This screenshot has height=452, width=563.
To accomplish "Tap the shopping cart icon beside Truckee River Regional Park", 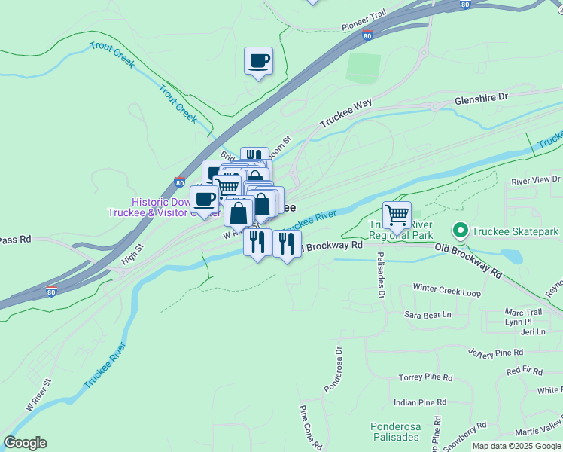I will click(397, 215).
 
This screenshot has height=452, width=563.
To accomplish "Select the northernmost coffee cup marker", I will click(258, 61).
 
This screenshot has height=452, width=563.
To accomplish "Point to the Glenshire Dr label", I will click(482, 98).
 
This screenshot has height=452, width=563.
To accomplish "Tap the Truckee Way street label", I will click(346, 113).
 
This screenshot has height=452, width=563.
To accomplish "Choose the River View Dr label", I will click(536, 181).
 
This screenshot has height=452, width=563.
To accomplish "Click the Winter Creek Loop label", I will click(446, 289).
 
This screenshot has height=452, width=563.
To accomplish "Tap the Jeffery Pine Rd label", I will click(495, 353).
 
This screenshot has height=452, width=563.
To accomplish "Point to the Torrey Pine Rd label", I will click(425, 377).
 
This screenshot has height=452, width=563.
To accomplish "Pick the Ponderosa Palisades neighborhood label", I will click(395, 432).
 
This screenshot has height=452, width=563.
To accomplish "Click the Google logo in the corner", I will click(25, 443).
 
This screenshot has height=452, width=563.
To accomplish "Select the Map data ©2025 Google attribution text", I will click(516, 446).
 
